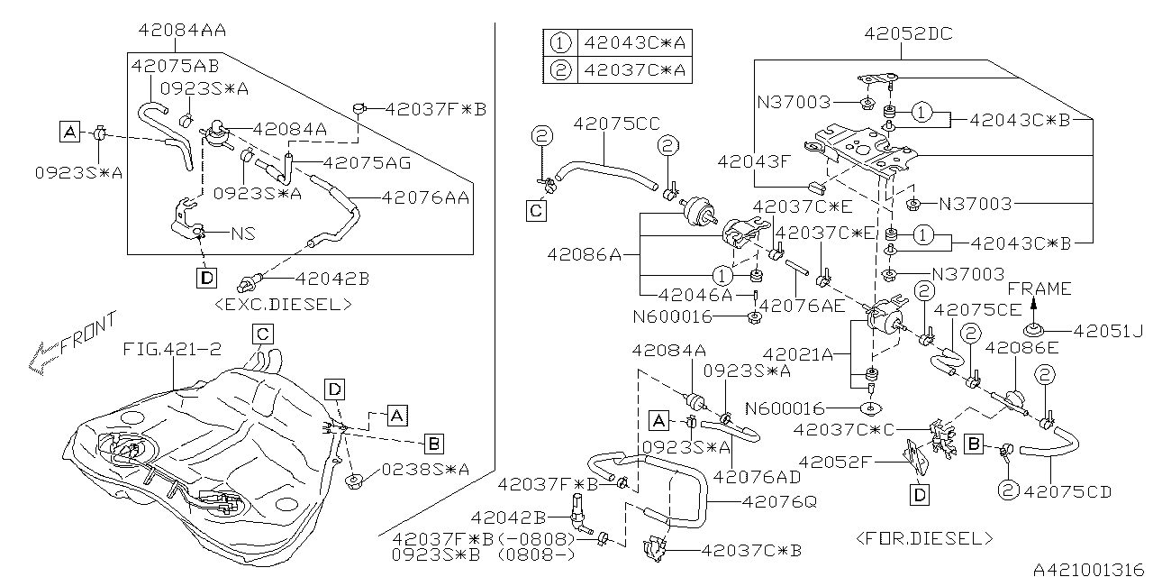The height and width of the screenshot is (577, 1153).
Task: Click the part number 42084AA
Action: pyautogui.click(x=182, y=30)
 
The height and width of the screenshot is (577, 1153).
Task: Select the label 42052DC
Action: pyautogui.click(x=909, y=34)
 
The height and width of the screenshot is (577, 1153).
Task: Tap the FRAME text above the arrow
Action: pyautogui.click(x=1040, y=288)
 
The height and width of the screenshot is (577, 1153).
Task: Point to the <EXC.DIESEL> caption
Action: pyautogui.click(x=283, y=305)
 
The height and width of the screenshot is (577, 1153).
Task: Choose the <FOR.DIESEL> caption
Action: pyautogui.click(x=924, y=539)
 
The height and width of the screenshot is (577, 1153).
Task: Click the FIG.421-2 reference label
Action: pyautogui.click(x=172, y=349)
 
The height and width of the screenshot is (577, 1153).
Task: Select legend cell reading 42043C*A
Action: pyautogui.click(x=635, y=42)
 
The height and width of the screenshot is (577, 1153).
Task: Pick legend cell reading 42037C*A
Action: pyautogui.click(x=635, y=69)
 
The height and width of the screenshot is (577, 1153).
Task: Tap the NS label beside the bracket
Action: pyautogui.click(x=243, y=234)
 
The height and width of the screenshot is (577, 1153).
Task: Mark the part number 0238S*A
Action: pyautogui.click(x=426, y=470)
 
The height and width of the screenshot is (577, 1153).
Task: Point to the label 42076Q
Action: pyautogui.click(x=779, y=501)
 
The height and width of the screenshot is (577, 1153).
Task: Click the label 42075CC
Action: pyautogui.click(x=616, y=124)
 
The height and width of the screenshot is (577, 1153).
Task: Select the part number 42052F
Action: pyautogui.click(x=833, y=463)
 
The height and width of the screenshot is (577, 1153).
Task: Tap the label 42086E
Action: pyautogui.click(x=1021, y=348)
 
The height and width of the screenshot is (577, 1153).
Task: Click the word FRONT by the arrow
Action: pyautogui.click(x=88, y=334)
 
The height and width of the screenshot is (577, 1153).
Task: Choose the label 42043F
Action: pyautogui.click(x=753, y=161)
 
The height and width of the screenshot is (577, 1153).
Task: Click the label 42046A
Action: pyautogui.click(x=695, y=295)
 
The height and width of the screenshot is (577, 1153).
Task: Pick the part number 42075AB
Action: pyautogui.click(x=175, y=66)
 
